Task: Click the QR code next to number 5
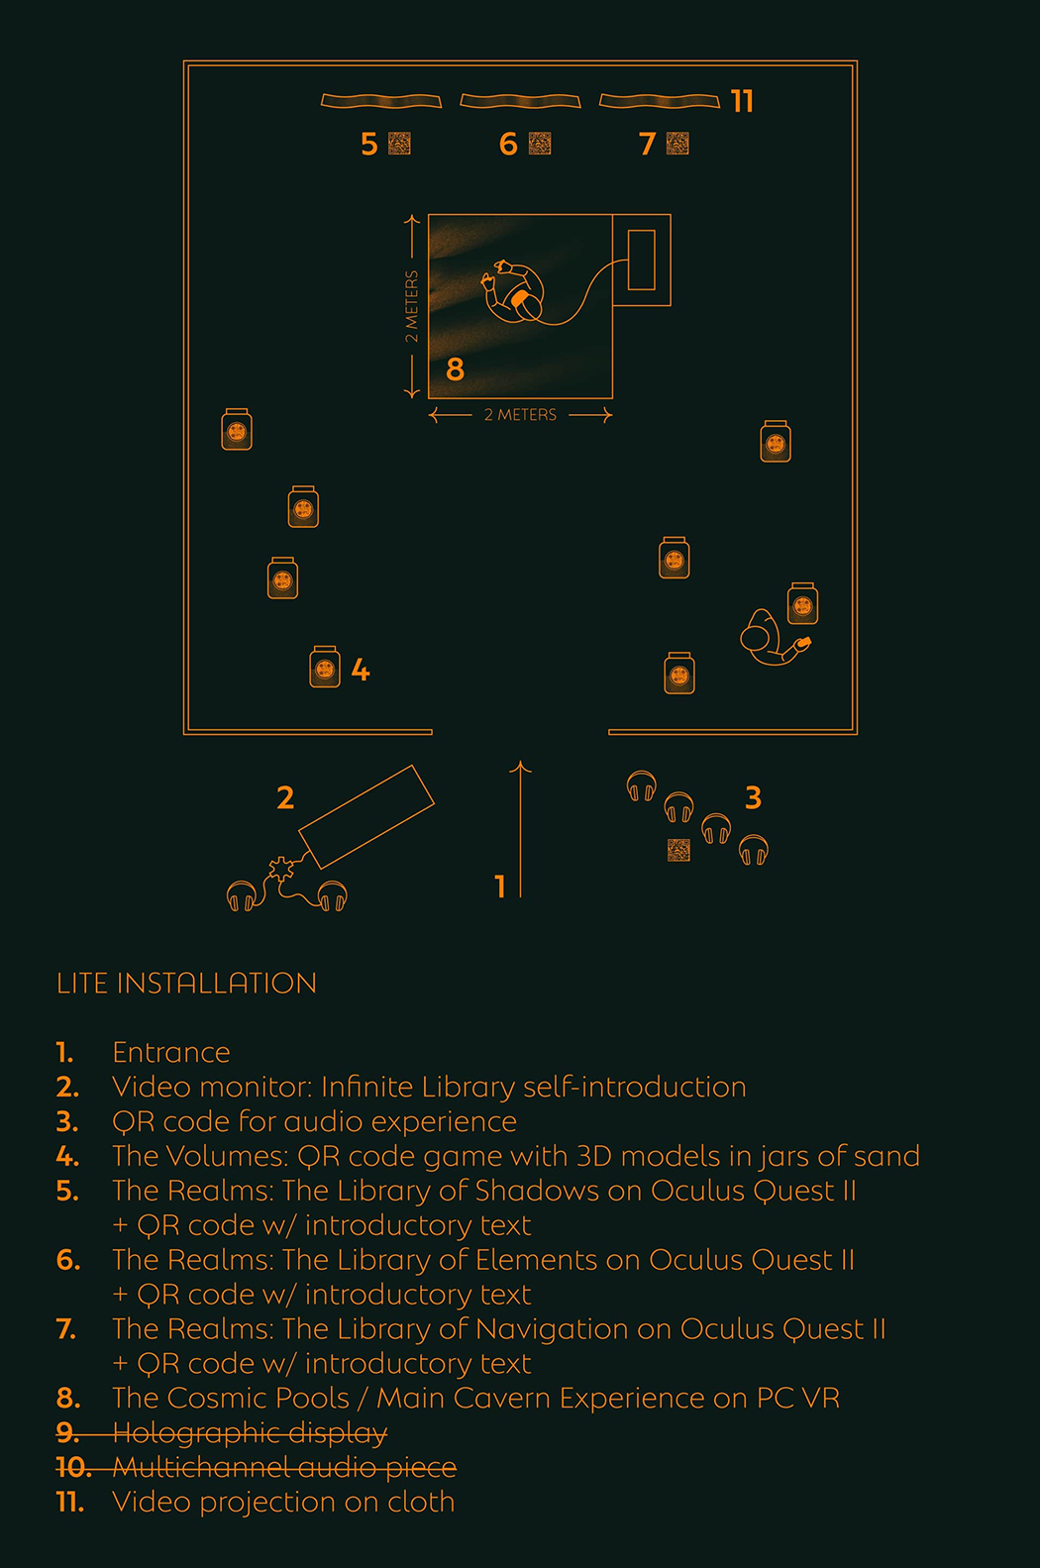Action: pos(399,144)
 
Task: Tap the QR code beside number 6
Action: pos(540,144)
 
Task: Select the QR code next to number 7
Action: pos(677,144)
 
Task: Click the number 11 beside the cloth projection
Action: pos(743,102)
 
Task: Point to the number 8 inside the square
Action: pos(455,368)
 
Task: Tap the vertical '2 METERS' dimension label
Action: pos(411,306)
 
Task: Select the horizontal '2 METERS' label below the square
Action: pos(521,415)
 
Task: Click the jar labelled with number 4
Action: pos(325,667)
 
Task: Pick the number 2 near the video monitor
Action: pos(285,798)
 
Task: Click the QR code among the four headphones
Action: pos(678,850)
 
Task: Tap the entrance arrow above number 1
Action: pos(520,829)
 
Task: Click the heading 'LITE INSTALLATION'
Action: pos(186,984)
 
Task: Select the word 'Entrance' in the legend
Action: pos(170,1053)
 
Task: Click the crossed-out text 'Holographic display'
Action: pos(250,1433)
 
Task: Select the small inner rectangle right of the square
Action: pos(641,260)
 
